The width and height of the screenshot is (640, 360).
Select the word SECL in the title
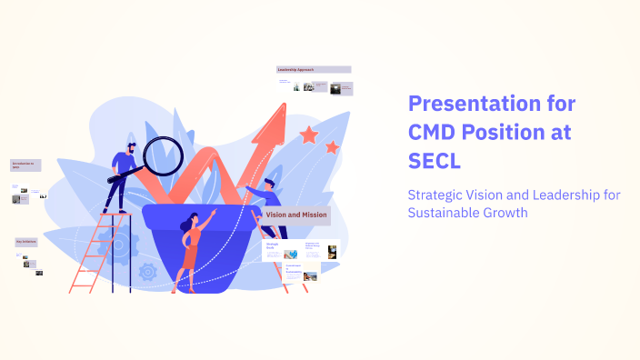[435, 161]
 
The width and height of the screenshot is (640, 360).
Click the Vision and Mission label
[296, 215]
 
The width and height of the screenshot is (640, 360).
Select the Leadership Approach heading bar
[314, 69]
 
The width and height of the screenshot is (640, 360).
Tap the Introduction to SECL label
[25, 165]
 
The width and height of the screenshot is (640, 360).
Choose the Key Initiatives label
[27, 242]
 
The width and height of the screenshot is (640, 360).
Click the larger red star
[309, 135]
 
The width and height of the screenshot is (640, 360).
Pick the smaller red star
[332, 146]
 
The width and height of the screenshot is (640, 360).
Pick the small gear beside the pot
[148, 271]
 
